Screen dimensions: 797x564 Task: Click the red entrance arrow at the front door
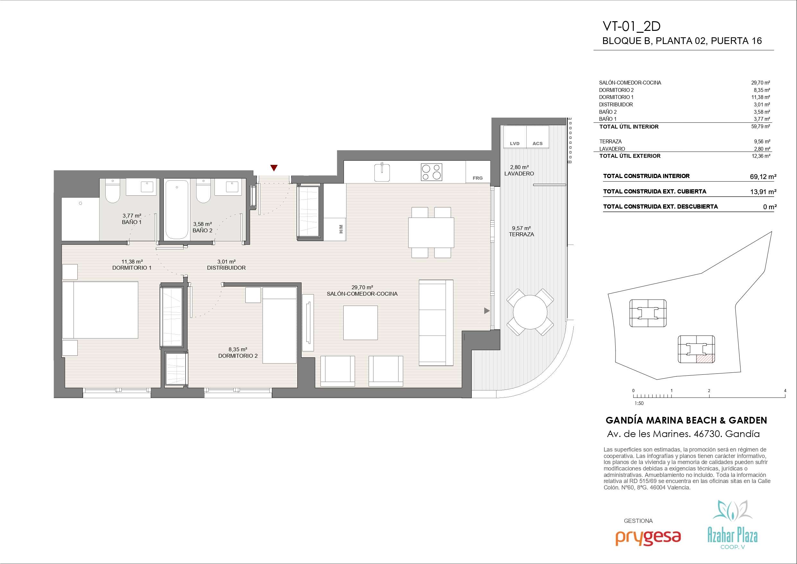pyautogui.click(x=274, y=168)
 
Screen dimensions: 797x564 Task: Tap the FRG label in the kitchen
pyautogui.click(x=477, y=178)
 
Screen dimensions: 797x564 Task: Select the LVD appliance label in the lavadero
pyautogui.click(x=515, y=144)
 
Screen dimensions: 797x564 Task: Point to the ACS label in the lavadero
pyautogui.click(x=537, y=144)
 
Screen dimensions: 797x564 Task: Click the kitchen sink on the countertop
pyautogui.click(x=382, y=172)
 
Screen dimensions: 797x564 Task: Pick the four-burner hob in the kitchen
pyautogui.click(x=432, y=172)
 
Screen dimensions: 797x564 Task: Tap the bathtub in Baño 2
pyautogui.click(x=177, y=209)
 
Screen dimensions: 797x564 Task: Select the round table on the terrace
pyautogui.click(x=530, y=312)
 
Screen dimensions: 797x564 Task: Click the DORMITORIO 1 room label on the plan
pyautogui.click(x=132, y=268)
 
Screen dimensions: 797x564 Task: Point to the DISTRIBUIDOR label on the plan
pyautogui.click(x=226, y=268)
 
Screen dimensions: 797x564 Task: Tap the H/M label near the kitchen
pyautogui.click(x=341, y=229)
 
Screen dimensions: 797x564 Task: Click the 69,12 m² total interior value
pyautogui.click(x=763, y=176)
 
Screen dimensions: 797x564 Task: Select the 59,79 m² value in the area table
pyautogui.click(x=760, y=127)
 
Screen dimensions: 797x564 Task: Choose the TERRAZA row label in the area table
pyautogui.click(x=610, y=141)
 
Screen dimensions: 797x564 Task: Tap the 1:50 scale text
pyautogui.click(x=639, y=403)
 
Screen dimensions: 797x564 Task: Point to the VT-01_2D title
pyautogui.click(x=631, y=26)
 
